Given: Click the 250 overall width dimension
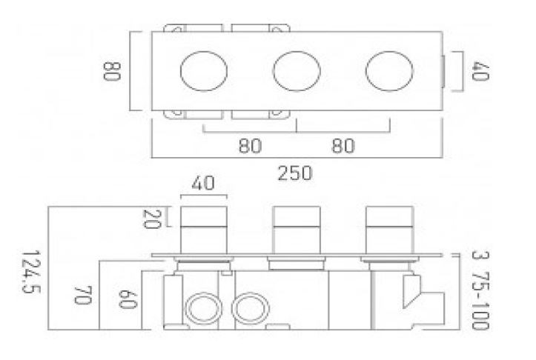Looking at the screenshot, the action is click(x=294, y=173).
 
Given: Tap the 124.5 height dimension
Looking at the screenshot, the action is click(x=31, y=272).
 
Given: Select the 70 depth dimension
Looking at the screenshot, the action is click(x=83, y=295).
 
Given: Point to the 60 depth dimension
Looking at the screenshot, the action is click(x=128, y=299).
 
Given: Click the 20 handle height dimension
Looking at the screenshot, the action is click(x=151, y=219).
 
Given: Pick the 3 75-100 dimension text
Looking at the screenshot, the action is click(x=480, y=290).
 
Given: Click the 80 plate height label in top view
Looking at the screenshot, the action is click(x=112, y=71).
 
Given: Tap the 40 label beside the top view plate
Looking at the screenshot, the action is click(x=480, y=71).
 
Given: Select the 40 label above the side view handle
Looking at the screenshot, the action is click(x=203, y=183).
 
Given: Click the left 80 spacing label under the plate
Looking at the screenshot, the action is click(x=251, y=145).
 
